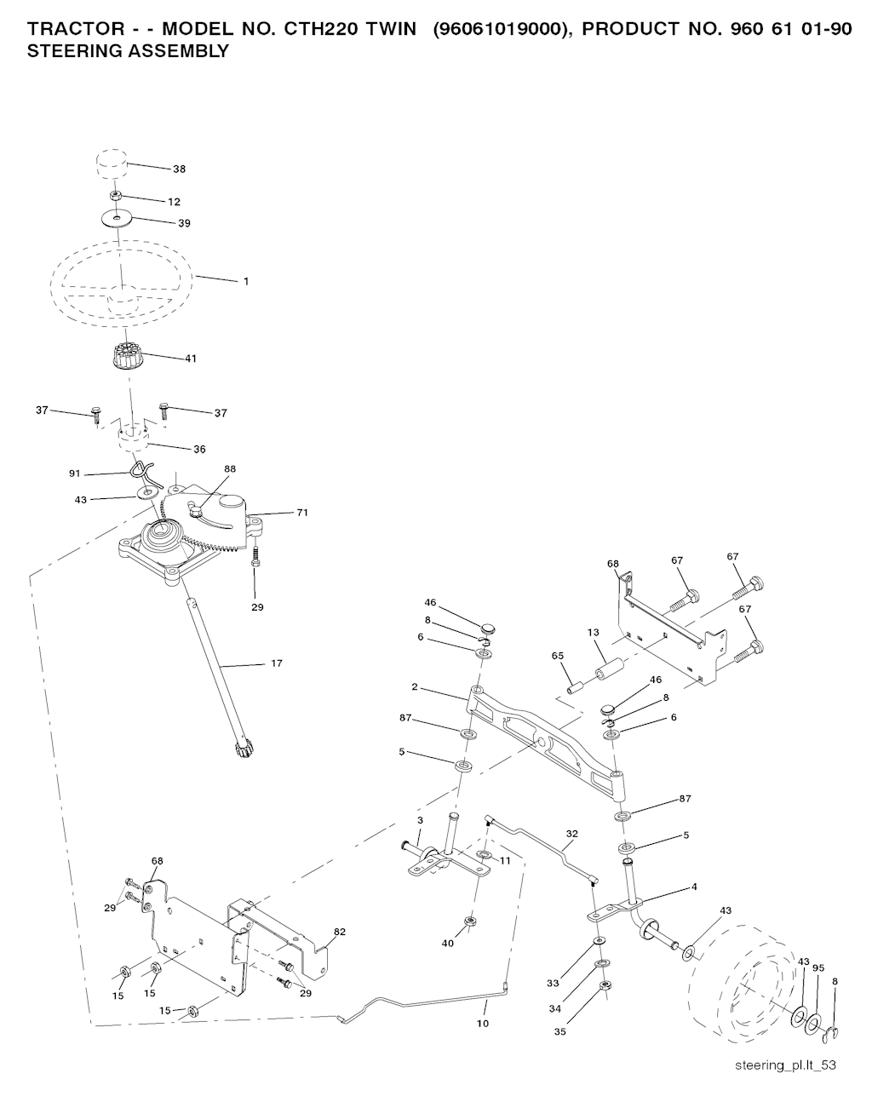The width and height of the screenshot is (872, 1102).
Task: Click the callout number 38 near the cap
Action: pyautogui.click(x=179, y=169)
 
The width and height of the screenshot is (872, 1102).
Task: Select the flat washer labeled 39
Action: pyautogui.click(x=116, y=219)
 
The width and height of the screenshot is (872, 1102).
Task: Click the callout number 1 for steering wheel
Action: pyautogui.click(x=246, y=281)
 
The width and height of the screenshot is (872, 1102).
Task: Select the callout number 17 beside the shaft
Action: pyautogui.click(x=277, y=663)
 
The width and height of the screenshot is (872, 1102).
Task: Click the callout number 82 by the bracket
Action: pyautogui.click(x=340, y=932)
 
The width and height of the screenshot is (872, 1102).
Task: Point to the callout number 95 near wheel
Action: pyautogui.click(x=818, y=967)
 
